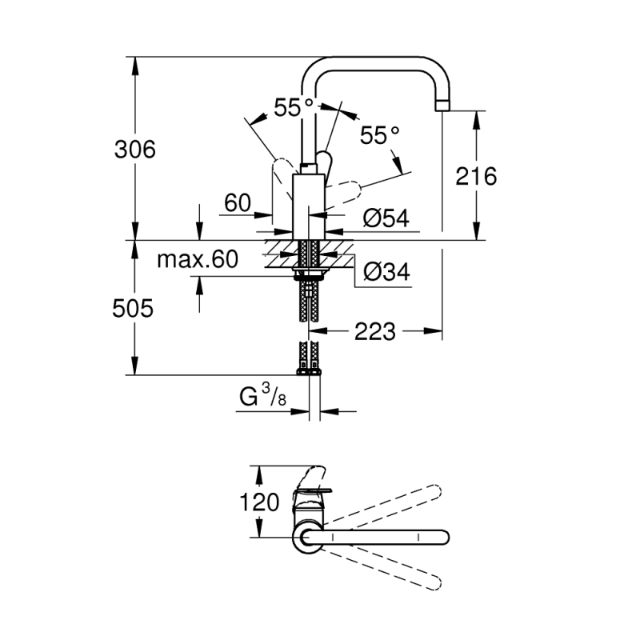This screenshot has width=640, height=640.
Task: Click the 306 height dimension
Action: pos(134,150)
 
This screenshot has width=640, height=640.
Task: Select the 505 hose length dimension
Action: pos(133,308)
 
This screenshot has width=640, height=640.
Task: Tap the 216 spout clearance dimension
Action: pos(476,176)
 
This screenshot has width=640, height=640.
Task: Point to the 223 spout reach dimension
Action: pos(374,331)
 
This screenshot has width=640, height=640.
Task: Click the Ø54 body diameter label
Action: pos(386,218)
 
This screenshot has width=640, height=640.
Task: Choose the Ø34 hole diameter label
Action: pos(386,271)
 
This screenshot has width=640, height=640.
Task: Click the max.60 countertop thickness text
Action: pos(198,259)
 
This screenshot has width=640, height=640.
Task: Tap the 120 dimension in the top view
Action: pos(259,502)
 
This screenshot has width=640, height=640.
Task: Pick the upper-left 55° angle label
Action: pos(293,108)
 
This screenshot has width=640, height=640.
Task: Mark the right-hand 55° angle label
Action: pos(379,135)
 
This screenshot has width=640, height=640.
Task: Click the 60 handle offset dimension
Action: pos(238,203)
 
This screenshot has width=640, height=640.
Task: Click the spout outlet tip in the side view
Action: pos(442,106)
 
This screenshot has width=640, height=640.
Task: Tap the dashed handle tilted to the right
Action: pos(344,191)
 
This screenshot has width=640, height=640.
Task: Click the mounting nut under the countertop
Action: pos(309,274)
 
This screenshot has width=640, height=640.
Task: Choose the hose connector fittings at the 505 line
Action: pos(309,371)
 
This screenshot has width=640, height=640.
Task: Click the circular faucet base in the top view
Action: pos(308,537)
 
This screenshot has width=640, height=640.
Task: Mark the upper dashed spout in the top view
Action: pos(384,506)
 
